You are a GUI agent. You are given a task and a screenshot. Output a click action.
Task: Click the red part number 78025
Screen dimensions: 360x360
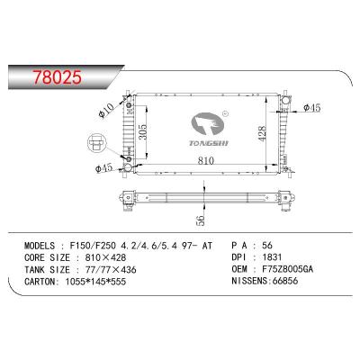[x=58, y=77]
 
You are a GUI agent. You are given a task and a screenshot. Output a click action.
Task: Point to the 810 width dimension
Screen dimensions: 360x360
[x=206, y=160]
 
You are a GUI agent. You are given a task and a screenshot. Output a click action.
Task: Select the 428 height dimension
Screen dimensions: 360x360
[x=262, y=133]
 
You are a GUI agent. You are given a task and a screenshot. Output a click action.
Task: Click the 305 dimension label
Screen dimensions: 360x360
[x=143, y=131]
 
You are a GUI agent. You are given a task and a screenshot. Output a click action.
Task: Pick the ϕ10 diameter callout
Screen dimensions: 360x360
[x=106, y=110]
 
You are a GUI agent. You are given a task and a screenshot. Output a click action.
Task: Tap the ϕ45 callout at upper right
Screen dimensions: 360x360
[x=312, y=108]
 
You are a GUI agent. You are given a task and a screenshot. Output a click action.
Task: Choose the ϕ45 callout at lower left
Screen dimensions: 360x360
[x=103, y=168]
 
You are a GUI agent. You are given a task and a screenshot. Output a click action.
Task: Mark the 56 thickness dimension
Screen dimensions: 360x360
[x=201, y=220]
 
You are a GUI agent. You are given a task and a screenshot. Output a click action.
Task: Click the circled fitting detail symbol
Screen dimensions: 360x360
[x=95, y=142]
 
